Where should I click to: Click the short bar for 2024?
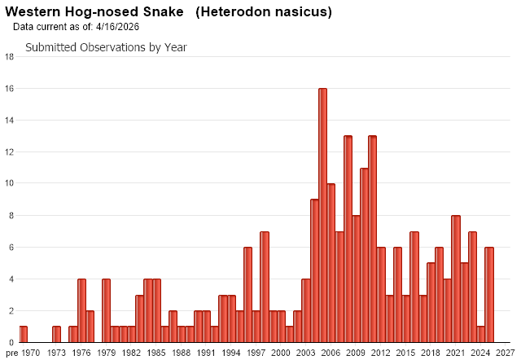[x=481, y=334]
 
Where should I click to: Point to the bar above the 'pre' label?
[x=23, y=334]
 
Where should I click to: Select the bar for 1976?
[x=81, y=310]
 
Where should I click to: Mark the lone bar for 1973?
[x=56, y=334]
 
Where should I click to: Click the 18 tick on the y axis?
[x=9, y=57]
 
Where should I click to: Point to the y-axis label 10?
[x=9, y=184]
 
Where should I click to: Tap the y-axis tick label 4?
[x=9, y=279]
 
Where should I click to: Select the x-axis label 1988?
[x=182, y=353]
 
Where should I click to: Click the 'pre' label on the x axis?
[x=9, y=353]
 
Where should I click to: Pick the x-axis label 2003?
[x=306, y=353]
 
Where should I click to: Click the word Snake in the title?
[x=152, y=12]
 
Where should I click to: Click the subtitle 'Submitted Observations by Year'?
[x=106, y=47]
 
